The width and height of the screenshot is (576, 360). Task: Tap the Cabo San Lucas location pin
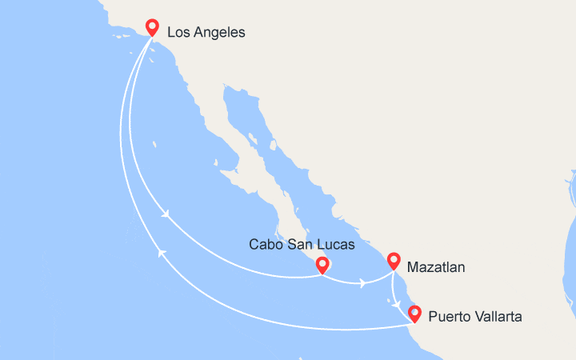[x=322, y=265]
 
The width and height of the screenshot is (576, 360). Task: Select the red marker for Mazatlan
[x=394, y=261]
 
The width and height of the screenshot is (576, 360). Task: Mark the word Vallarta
[x=499, y=317]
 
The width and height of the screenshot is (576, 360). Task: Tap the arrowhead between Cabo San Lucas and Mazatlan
[x=363, y=283]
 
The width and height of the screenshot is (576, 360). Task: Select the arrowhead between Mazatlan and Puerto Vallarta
[x=398, y=303]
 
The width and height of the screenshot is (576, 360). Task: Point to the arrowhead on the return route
[x=162, y=253]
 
